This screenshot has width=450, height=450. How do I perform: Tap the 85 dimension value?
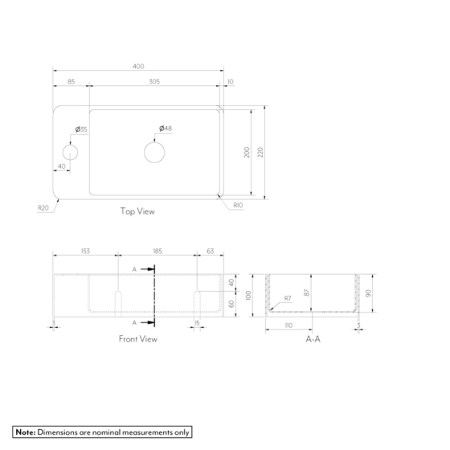(x=71, y=81)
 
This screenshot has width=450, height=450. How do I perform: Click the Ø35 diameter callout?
(x=81, y=129)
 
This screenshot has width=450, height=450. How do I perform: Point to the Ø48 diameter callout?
(x=166, y=129)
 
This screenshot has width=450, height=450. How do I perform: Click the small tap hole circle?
(x=71, y=152)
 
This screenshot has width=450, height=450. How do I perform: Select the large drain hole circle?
(x=155, y=152)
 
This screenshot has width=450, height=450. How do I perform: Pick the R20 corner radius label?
(x=43, y=207)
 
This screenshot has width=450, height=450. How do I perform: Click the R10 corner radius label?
(x=238, y=206)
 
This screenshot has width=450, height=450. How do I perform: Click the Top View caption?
(x=137, y=212)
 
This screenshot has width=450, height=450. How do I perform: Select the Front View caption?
(x=137, y=339)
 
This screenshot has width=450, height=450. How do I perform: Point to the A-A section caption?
(x=313, y=339)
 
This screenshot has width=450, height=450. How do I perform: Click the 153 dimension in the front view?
(x=85, y=252)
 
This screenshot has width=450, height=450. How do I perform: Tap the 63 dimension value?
(x=210, y=252)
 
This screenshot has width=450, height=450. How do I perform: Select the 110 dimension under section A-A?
(x=289, y=326)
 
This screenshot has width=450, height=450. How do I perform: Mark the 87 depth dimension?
(x=307, y=293)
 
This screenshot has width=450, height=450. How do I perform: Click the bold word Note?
(x=25, y=432)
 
